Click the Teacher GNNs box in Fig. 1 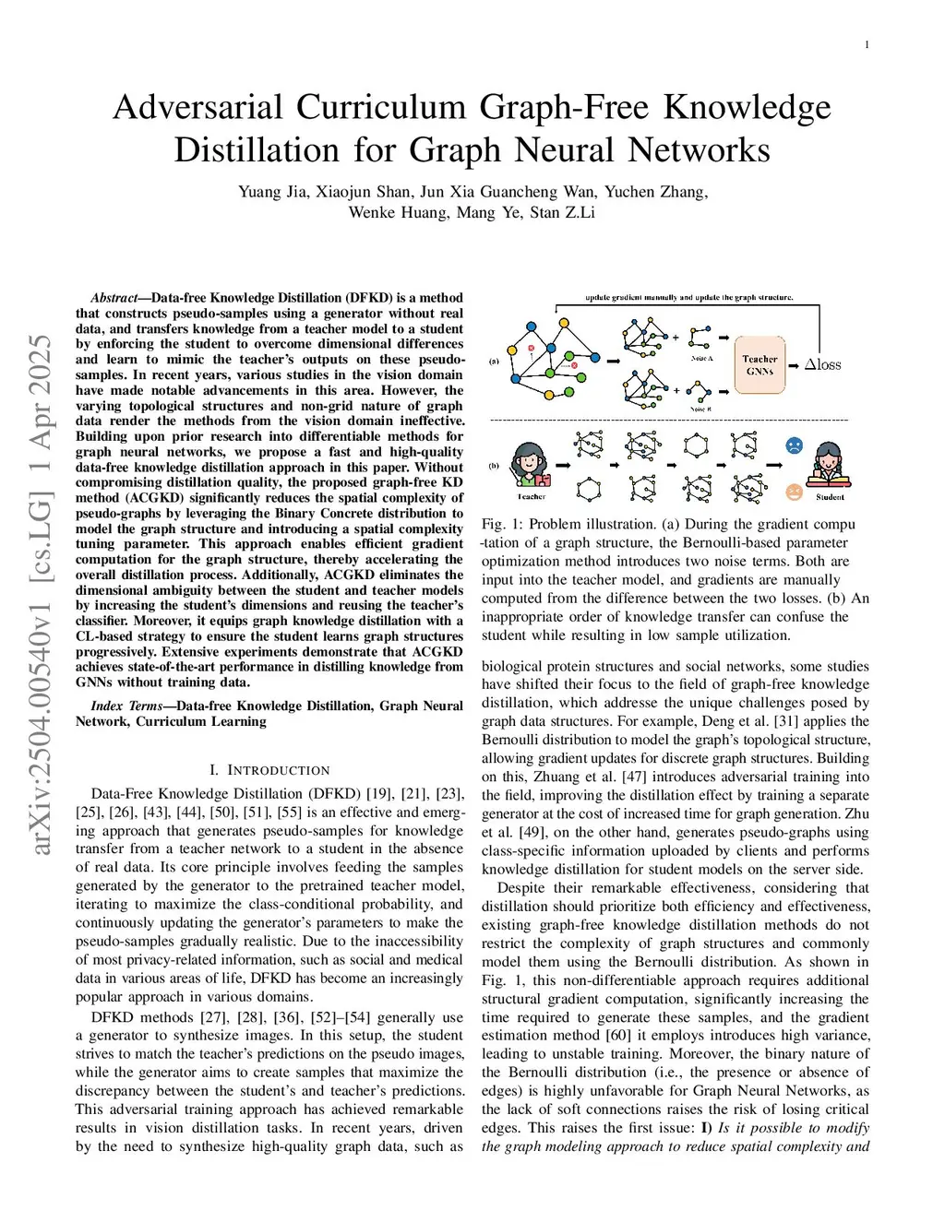pos(760,364)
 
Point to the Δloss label pos(822,364)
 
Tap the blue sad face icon pos(794,446)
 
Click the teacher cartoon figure pos(531,465)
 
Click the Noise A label pos(701,358)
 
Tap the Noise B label pos(700,409)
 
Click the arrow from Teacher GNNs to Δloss pos(793,365)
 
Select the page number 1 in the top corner pos(867,45)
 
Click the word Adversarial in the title pos(198,108)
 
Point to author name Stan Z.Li pos(563,212)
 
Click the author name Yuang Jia pos(272,192)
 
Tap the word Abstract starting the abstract pos(114,298)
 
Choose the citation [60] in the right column pos(617,1036)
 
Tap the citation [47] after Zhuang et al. pos(637,777)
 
